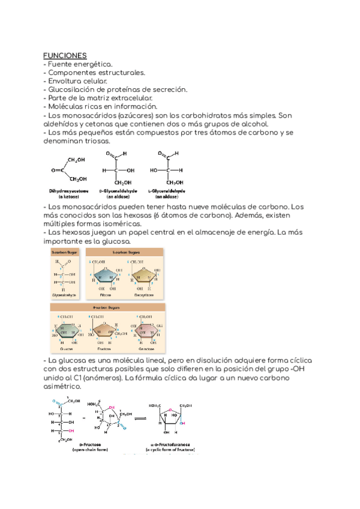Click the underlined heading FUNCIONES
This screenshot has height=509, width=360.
point(65,55)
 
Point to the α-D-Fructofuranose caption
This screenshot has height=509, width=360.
point(174,444)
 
